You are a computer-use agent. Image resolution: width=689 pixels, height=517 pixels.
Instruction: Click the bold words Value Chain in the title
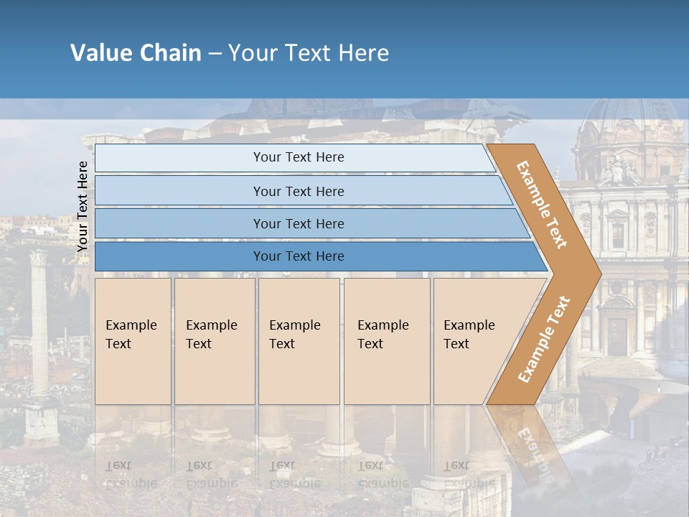click(136, 53)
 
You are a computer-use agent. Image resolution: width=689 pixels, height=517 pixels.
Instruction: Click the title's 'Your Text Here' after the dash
click(309, 53)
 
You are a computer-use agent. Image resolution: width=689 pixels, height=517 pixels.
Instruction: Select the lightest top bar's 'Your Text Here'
click(299, 157)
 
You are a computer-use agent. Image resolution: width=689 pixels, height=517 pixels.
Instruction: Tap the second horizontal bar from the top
click(299, 191)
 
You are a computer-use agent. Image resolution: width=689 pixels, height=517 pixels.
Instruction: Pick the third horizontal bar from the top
click(299, 223)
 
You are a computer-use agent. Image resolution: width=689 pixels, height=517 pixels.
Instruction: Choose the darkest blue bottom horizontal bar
click(299, 256)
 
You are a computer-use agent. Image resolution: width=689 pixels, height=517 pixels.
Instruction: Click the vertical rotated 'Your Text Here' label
click(83, 207)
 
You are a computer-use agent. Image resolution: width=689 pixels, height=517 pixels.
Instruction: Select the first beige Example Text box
click(133, 340)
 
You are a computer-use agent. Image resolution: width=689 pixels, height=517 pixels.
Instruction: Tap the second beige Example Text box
click(214, 340)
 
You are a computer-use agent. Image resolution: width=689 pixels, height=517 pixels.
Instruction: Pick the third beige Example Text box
click(298, 340)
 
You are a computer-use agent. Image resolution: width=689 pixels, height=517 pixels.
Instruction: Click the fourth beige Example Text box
click(386, 340)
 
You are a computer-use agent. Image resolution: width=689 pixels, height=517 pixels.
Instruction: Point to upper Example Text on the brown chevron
click(542, 205)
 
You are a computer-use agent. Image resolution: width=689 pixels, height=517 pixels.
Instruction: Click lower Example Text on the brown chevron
click(543, 339)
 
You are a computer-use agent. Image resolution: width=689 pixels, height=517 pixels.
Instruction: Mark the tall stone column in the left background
click(39, 323)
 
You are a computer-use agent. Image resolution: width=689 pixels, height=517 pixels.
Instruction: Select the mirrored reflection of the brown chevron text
click(531, 452)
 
